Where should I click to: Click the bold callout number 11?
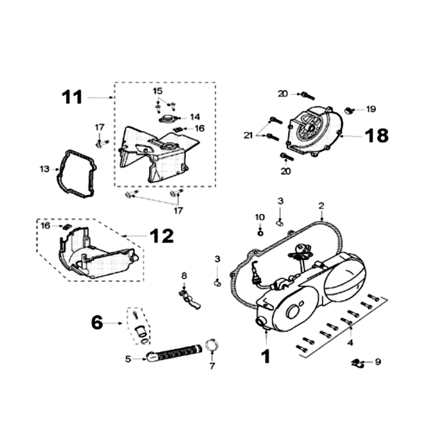pyautogui.click(x=72, y=97)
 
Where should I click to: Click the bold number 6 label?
pyautogui.click(x=97, y=323)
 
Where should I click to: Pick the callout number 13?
pyautogui.click(x=44, y=169)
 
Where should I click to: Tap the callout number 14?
pyautogui.click(x=194, y=117)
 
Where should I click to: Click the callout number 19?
pyautogui.click(x=370, y=109)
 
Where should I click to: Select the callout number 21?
pyautogui.click(x=248, y=136)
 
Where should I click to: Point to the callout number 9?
pyautogui.click(x=378, y=362)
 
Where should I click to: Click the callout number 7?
pyautogui.click(x=212, y=366)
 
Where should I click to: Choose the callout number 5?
pyautogui.click(x=128, y=358)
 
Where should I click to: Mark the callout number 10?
pyautogui.click(x=260, y=217)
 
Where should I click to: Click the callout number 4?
pyautogui.click(x=350, y=342)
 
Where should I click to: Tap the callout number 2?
pyautogui.click(x=321, y=206)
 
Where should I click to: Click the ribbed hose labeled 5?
pyautogui.click(x=173, y=354)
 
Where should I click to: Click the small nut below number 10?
pyautogui.click(x=260, y=232)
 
